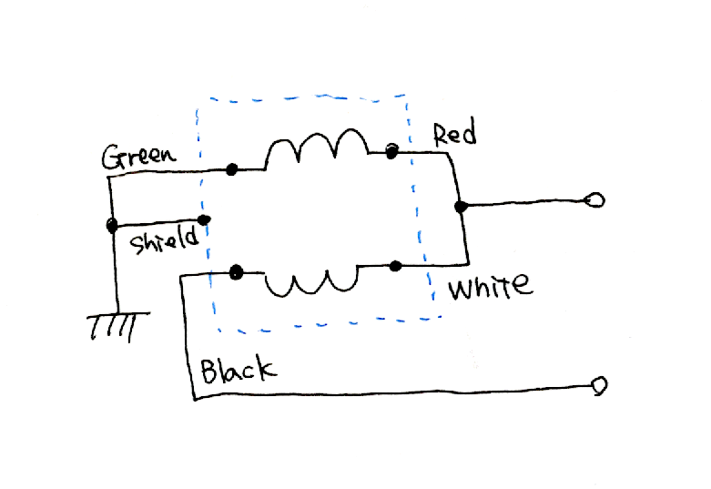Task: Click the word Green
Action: pos(137,156)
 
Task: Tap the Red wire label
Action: pos(454,136)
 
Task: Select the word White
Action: pos(490,288)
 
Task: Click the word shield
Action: pos(163,242)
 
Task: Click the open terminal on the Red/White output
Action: pos(595,199)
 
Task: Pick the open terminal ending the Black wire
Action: pos(599,385)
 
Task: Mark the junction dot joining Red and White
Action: pos(462,208)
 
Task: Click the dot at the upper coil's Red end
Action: pos(392,150)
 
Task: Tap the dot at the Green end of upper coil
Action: pos(232,169)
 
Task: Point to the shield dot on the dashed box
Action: pos(205,220)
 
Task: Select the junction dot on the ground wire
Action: pos(111,225)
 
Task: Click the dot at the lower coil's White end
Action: pos(395,266)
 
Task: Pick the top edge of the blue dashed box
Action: pos(300,96)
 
